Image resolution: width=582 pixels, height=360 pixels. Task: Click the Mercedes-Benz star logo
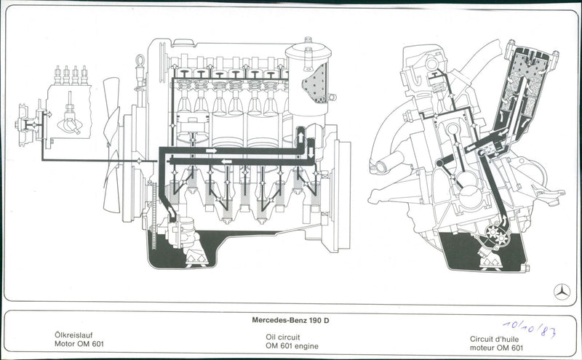point(561,292)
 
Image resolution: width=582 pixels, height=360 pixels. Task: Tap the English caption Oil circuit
point(285,337)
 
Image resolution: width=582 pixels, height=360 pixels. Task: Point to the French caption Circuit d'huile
point(495,338)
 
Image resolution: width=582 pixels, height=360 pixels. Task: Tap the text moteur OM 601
point(496,348)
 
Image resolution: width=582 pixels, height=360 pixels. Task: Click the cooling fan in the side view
point(113,145)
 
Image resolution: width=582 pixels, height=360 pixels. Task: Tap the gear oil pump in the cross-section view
point(487,236)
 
